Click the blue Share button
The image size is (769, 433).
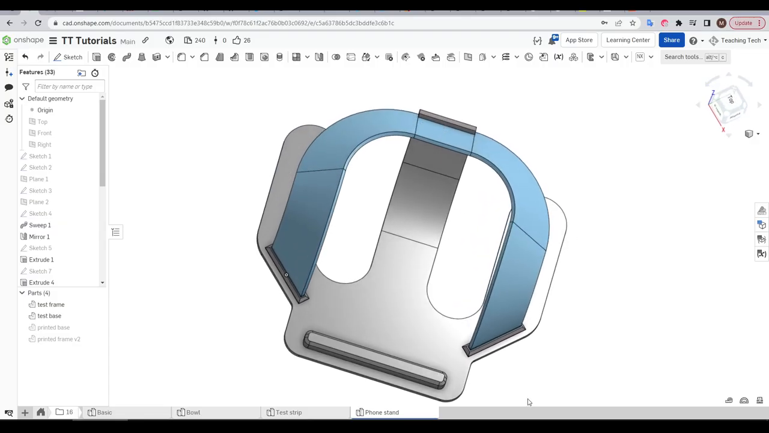tap(671, 40)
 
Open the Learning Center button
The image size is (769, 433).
tap(628, 40)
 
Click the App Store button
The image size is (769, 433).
tap(579, 40)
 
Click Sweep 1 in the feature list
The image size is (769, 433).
tap(40, 225)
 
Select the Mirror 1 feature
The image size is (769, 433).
tap(39, 236)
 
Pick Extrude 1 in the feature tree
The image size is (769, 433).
tap(41, 260)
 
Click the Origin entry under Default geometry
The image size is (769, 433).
tap(44, 110)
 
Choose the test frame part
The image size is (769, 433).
tap(50, 305)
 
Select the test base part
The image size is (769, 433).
tap(49, 316)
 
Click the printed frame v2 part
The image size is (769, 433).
tap(58, 339)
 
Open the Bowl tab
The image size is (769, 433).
tap(193, 413)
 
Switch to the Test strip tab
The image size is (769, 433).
tap(288, 413)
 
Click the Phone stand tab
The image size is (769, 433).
tap(381, 413)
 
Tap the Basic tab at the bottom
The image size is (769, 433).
tap(104, 413)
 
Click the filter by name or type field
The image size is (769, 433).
tap(68, 87)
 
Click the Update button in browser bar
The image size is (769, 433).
tap(743, 23)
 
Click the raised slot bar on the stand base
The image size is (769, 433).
tap(375, 359)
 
